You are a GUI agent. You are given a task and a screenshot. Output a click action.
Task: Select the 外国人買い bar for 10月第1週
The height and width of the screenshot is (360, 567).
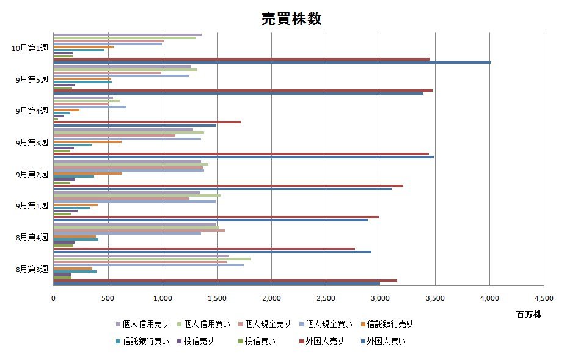272,62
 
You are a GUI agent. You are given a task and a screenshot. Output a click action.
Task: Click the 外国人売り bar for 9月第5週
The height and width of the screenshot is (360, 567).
243,90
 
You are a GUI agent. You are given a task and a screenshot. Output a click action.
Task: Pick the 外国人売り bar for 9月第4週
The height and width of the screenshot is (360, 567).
147,122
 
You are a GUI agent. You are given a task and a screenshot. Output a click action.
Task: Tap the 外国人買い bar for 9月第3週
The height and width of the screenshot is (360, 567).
243,157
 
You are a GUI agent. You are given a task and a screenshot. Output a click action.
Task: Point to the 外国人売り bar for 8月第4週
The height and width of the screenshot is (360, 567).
204,248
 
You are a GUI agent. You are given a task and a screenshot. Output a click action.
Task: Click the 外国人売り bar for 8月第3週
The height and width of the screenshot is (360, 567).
225,280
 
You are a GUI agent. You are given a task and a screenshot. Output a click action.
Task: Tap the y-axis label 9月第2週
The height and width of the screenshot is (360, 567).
32,174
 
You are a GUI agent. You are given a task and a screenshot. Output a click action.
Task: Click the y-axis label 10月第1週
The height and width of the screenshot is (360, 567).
30,48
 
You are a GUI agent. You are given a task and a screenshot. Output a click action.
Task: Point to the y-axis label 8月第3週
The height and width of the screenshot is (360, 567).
32,269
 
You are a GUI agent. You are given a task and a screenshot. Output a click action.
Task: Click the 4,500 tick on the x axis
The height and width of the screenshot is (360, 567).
543,298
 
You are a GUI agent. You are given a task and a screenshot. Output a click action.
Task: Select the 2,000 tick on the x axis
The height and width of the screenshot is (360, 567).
271,298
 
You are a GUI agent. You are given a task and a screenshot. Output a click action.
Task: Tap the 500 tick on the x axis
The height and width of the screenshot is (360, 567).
108,298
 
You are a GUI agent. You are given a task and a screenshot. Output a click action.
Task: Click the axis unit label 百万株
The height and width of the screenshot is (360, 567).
529,314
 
